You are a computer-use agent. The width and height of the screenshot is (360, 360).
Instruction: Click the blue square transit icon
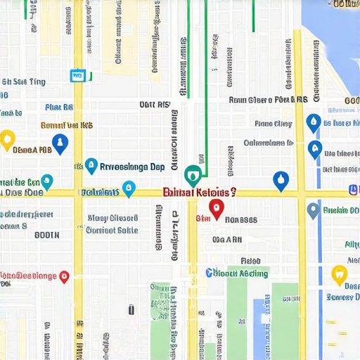77,75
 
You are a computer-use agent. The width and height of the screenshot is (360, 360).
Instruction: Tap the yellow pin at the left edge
7,139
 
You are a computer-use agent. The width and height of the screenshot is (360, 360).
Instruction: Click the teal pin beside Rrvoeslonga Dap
91,166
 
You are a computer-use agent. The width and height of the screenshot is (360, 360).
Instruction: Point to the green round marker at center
193,174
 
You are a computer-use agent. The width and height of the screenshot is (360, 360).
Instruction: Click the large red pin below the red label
216,208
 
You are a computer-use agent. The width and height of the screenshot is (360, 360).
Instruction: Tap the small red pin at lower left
65,276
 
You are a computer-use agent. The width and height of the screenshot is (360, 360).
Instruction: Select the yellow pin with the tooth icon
340,275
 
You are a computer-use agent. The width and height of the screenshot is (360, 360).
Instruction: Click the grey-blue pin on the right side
314,210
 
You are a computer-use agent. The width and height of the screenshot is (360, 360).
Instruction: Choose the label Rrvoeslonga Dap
133,167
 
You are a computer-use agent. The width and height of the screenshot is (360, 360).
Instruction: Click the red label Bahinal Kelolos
200,192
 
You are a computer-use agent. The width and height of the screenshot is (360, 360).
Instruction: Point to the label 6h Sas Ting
24,82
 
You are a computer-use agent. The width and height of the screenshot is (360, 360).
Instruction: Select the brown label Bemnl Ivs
67,125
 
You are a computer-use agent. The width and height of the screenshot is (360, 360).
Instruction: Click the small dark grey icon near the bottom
131,309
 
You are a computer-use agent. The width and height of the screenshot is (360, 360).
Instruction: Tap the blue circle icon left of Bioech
209,273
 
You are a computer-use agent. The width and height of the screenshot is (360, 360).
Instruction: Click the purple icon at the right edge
354,191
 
